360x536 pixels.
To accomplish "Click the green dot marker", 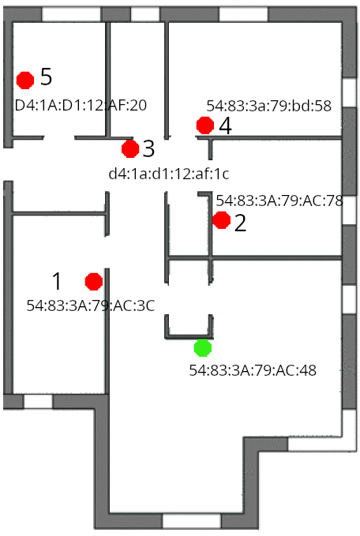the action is tap(203, 348).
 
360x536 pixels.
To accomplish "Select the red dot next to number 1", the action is tap(94, 282).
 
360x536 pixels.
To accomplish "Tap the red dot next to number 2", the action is tap(222, 219).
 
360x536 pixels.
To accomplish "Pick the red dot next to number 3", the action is tap(130, 148).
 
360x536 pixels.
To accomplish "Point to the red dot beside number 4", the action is tap(205, 126).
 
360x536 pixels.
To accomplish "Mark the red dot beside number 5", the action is tap(25, 81).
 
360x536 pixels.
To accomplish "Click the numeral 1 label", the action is tap(57, 281).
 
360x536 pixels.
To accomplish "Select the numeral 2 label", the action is tap(240, 223).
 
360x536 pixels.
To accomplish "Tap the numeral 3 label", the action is tap(148, 148).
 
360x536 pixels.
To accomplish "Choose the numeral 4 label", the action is tap(225, 126).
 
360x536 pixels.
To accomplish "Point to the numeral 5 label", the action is tap(46, 77).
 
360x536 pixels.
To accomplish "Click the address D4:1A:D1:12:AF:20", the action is tap(81, 105).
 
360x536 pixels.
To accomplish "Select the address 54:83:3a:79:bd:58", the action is tap(268, 106).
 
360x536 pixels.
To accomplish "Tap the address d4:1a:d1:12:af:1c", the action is tap(169, 174).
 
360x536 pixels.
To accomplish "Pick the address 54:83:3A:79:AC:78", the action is tap(279, 201).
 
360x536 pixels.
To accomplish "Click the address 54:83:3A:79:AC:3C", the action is tap(91, 305).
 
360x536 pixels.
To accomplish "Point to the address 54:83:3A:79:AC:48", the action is tap(253, 370).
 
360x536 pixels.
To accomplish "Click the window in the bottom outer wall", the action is tap(192, 521).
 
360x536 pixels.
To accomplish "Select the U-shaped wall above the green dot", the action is tap(189, 336).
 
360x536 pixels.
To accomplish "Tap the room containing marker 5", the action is tap(58, 51).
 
